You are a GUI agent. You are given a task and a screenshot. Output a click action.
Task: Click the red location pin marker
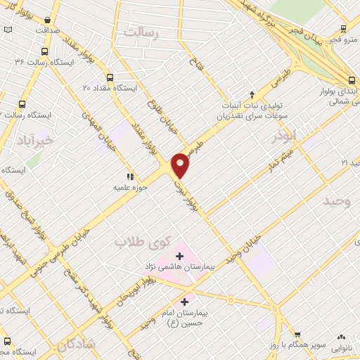(181, 165)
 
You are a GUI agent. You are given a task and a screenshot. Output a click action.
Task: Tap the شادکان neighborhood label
(71, 345)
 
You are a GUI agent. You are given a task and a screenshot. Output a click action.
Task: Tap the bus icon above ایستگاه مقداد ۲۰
(110, 77)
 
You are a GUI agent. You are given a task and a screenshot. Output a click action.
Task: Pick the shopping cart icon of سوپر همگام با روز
(297, 336)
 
